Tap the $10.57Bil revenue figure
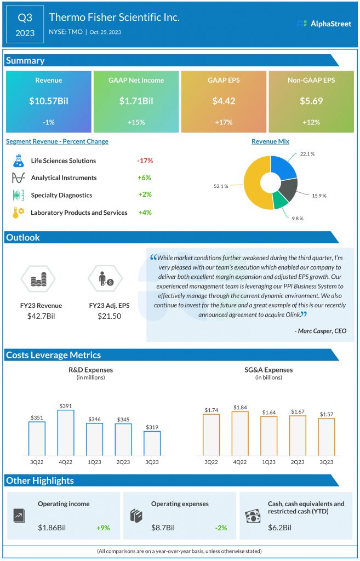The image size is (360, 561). [x=48, y=101]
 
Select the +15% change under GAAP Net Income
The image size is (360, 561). [x=136, y=123]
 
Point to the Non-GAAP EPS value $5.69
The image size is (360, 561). [x=311, y=101]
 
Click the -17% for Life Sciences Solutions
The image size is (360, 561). [x=145, y=161]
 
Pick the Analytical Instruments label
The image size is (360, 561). [x=64, y=178]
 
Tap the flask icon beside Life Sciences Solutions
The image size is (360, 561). [x=19, y=161]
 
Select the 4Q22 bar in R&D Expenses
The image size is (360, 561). [x=66, y=432]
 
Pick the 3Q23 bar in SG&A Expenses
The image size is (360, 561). [x=326, y=437]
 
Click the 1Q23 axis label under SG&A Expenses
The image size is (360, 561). [x=268, y=461]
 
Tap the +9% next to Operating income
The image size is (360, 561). [x=103, y=528]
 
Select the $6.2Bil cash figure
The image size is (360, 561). [x=279, y=528]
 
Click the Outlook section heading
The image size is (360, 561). [x=23, y=238]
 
